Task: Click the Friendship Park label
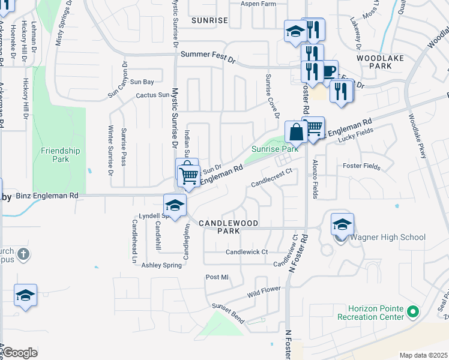[61, 155]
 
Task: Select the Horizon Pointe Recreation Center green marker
[412, 312]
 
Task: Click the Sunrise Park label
[274, 149]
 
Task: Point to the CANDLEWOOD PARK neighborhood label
[228, 227]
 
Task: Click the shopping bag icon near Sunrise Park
[297, 131]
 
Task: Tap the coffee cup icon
[327, 71]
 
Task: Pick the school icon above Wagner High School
[342, 225]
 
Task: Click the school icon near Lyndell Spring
[175, 205]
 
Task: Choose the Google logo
[20, 353]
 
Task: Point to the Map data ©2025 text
[423, 355]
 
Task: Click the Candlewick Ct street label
[246, 252]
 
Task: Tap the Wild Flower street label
[264, 292]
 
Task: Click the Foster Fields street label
[361, 166]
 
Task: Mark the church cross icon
[23, 254]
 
